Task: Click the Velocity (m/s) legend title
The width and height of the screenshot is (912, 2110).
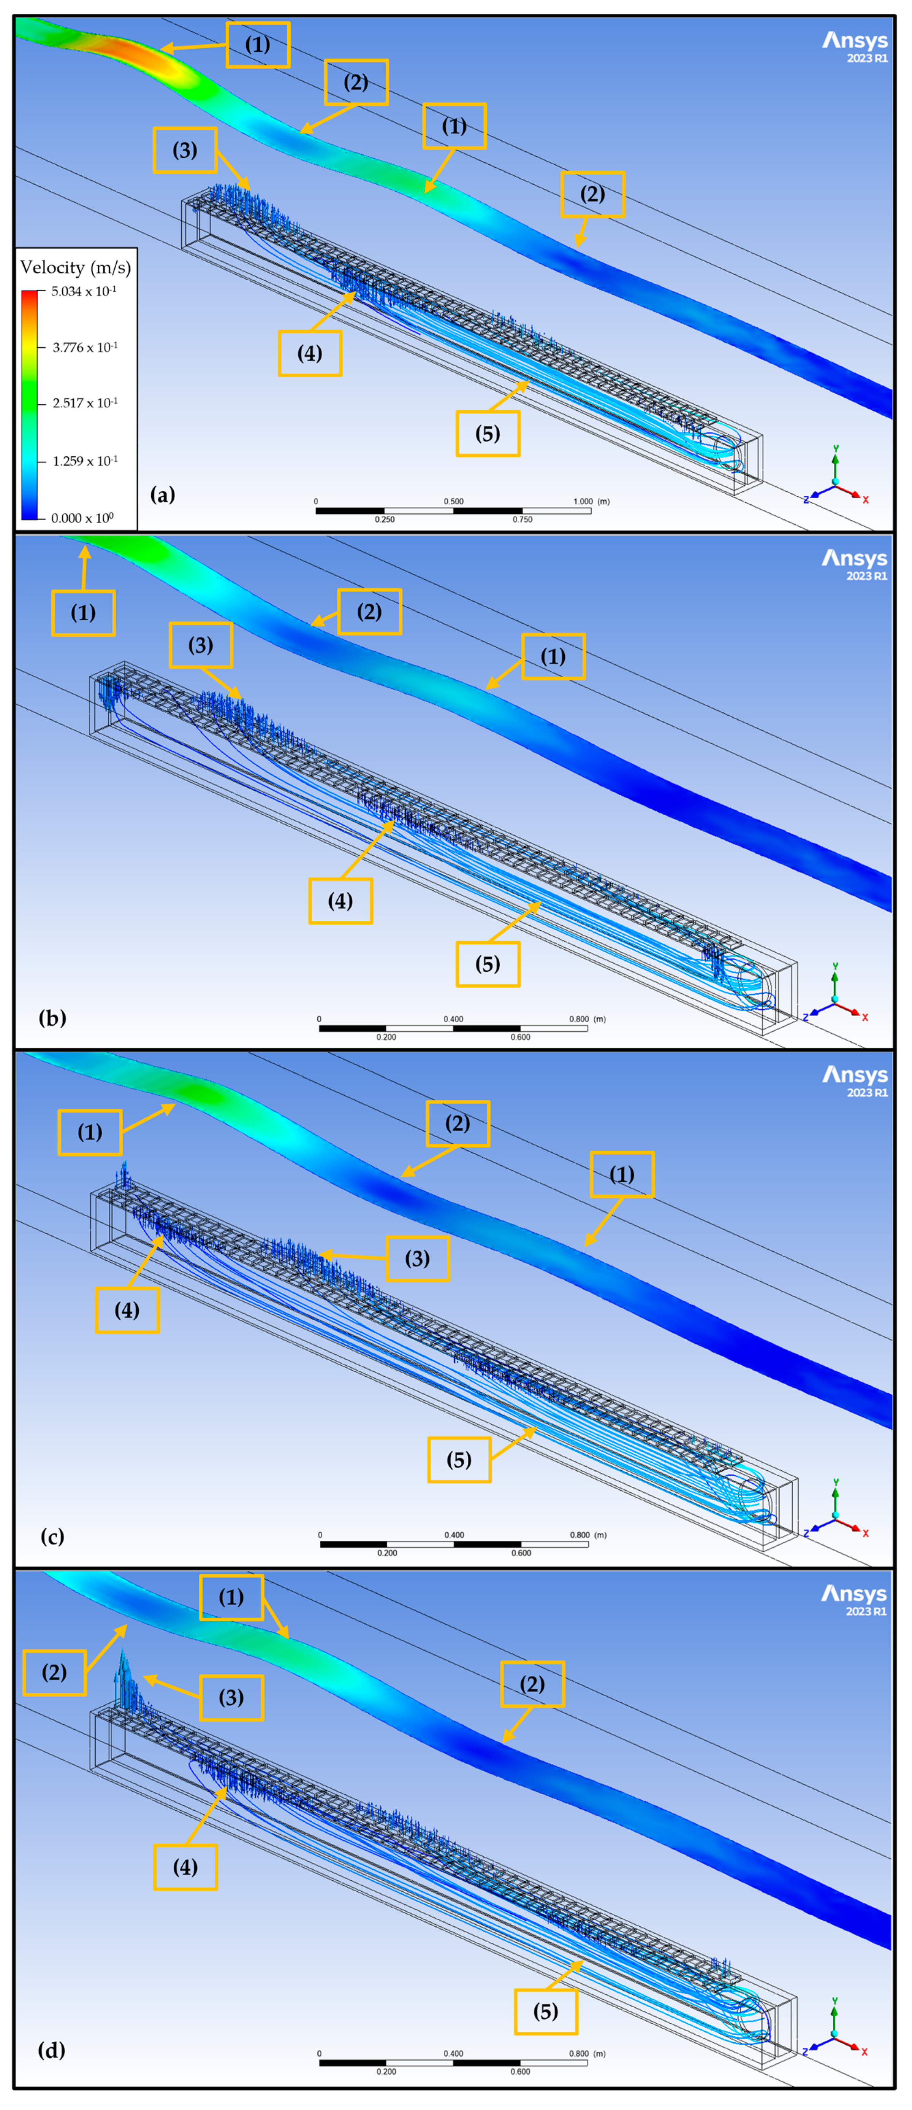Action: pos(75,267)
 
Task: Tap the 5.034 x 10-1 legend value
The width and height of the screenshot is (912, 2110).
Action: pos(84,292)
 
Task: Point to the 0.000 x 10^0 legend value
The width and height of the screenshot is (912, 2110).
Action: pos(82,518)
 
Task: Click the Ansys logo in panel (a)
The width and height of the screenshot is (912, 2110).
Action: pos(855,46)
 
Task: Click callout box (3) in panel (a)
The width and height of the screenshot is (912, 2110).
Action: pos(185,150)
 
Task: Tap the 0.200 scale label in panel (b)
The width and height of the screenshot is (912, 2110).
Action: pos(386,1037)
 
